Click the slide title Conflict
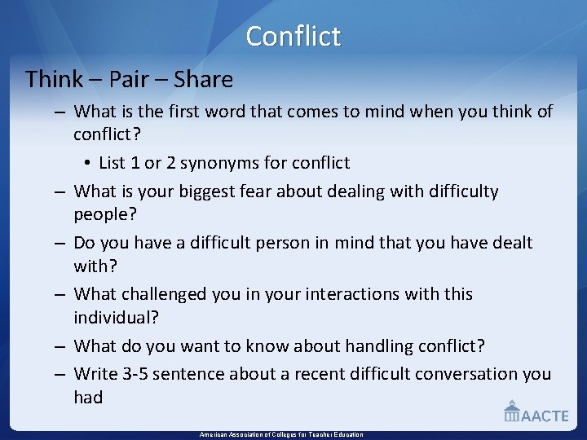(293, 36)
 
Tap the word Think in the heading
(54, 80)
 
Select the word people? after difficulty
(104, 214)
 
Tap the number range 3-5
(124, 374)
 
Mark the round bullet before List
(86, 164)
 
